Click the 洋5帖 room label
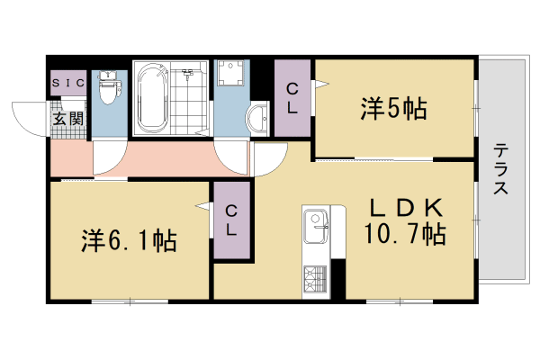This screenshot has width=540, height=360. tap(393, 109)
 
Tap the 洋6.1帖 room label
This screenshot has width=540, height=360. tap(129, 241)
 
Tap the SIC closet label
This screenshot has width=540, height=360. tap(67, 83)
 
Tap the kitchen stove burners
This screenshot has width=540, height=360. tap(316, 278)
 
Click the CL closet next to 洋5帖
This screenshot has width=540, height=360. tap(292, 97)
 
